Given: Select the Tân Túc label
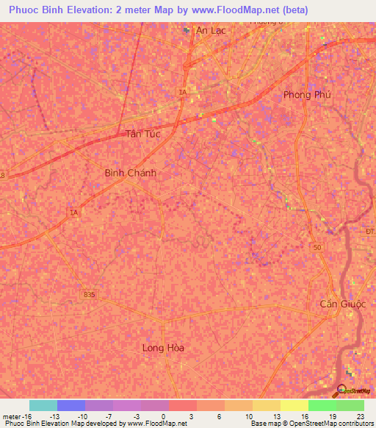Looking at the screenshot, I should pyautogui.click(x=142, y=134).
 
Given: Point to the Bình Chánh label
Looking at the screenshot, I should pyautogui.click(x=130, y=173).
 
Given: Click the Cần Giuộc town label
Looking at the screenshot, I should pyautogui.click(x=337, y=304).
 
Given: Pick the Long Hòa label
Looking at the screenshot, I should pyautogui.click(x=163, y=348).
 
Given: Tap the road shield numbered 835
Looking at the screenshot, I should pyautogui.click(x=89, y=294).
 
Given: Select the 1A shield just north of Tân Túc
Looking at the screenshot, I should pyautogui.click(x=181, y=91).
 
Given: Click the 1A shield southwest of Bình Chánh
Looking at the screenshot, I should pyautogui.click(x=73, y=213).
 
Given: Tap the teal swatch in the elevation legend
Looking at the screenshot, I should pyautogui.click(x=43, y=405).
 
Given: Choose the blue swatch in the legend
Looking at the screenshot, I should pyautogui.click(x=71, y=405).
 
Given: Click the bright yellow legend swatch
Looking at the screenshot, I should pyautogui.click(x=294, y=405).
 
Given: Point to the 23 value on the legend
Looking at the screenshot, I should pyautogui.click(x=360, y=415).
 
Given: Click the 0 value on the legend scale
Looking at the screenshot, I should pyautogui.click(x=162, y=415).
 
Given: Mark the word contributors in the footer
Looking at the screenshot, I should pyautogui.click(x=354, y=424).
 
